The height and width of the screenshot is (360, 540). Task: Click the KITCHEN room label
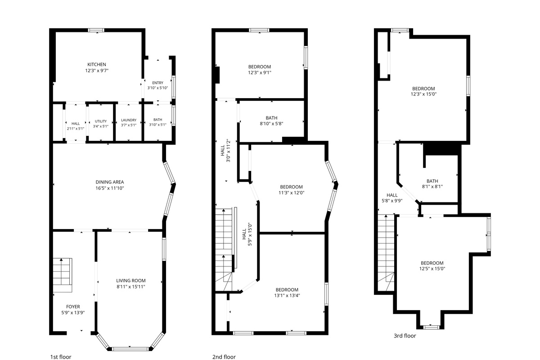(x=97, y=65)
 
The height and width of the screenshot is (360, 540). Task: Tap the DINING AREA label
(x=110, y=182)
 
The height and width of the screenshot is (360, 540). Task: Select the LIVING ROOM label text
(x=131, y=281)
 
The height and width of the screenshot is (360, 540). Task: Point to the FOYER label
(x=73, y=307)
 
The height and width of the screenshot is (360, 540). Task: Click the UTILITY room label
(x=101, y=121)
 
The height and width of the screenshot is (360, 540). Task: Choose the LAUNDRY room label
(x=129, y=120)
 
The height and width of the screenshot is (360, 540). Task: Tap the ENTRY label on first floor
(x=157, y=83)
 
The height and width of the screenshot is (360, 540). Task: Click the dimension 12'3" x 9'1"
(x=260, y=72)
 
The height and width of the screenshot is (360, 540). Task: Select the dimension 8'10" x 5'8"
(x=271, y=124)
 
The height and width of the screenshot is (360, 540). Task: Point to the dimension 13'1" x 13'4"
(x=287, y=296)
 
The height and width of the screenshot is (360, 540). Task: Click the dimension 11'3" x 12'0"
(x=292, y=193)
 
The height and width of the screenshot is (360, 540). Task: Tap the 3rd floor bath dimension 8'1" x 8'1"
(x=432, y=187)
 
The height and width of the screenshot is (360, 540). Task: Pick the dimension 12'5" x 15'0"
(x=432, y=269)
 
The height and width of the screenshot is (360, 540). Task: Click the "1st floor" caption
(x=61, y=357)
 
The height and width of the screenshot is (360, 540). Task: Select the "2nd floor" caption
(x=224, y=357)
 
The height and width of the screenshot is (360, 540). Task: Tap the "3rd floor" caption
(x=405, y=336)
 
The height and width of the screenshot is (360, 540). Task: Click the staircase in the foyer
(x=63, y=275)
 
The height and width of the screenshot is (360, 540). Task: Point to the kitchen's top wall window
(x=96, y=30)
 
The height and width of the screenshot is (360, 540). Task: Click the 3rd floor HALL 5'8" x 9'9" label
(x=392, y=198)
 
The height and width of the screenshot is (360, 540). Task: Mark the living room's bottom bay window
(x=130, y=349)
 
